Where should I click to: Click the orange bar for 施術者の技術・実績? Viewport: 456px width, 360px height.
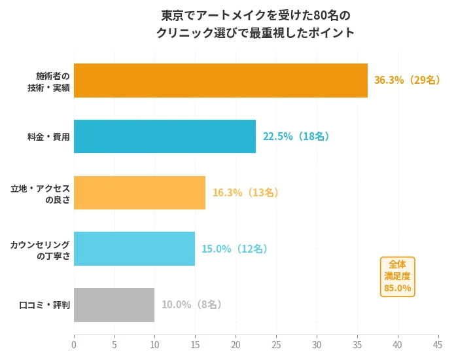(220, 81)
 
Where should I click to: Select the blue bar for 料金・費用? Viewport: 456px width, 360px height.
(165, 136)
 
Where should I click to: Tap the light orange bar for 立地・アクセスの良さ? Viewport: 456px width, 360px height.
(139, 192)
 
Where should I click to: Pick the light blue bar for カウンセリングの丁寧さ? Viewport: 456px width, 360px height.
(134, 249)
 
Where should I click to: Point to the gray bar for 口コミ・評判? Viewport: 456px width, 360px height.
(114, 305)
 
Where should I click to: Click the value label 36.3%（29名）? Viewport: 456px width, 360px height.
(406, 81)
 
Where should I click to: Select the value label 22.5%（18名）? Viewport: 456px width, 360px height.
(296, 136)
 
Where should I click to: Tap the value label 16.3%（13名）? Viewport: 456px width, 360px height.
(245, 192)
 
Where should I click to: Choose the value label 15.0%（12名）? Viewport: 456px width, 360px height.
(234, 249)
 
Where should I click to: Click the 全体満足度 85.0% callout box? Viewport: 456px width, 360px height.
(398, 276)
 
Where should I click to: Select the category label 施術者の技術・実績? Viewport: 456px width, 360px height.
(52, 81)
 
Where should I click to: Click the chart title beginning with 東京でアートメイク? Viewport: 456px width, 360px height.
(256, 24)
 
